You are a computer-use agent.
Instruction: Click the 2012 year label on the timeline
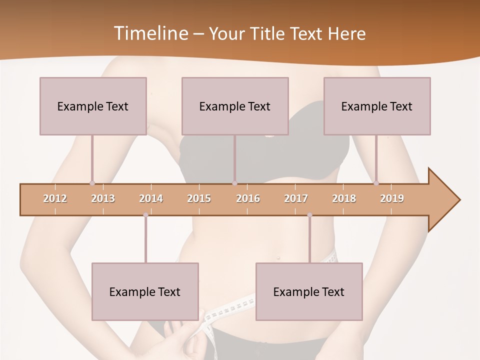(55, 198)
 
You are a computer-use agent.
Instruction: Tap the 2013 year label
(103, 198)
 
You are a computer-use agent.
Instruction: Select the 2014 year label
(151, 198)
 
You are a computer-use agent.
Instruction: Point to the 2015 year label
(199, 198)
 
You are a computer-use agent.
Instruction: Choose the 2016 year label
(248, 198)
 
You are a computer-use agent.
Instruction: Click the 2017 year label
(296, 198)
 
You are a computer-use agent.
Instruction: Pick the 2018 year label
(344, 198)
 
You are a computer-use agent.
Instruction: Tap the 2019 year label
(392, 198)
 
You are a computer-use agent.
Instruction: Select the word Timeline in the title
(149, 33)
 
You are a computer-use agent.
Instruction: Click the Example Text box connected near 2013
(93, 106)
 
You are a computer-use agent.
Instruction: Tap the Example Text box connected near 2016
(235, 106)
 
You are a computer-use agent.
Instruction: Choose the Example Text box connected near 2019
(377, 106)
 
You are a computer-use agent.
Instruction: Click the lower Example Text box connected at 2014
(145, 291)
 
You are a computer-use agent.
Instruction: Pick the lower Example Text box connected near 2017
(309, 291)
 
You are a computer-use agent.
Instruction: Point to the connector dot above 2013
(92, 183)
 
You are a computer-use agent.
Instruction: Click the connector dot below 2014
(145, 215)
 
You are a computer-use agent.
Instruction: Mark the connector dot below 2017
(309, 215)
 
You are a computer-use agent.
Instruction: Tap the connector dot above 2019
(376, 183)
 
